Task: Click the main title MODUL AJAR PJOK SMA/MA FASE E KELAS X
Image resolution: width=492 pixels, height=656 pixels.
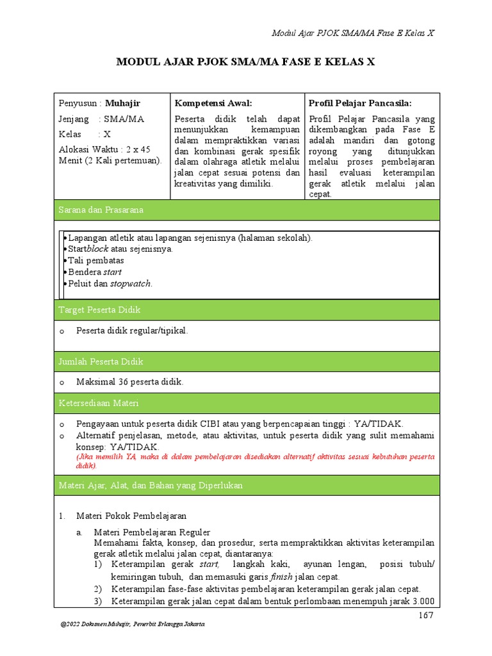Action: click(x=245, y=62)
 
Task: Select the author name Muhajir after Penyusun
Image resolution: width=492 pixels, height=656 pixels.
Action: click(x=122, y=102)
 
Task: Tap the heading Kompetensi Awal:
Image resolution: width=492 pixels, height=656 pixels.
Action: click(x=213, y=102)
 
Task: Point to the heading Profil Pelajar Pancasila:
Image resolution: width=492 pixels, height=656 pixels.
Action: click(x=359, y=102)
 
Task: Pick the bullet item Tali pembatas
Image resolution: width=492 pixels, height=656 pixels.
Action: click(x=96, y=261)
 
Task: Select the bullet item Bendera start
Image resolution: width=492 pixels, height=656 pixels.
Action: click(x=95, y=272)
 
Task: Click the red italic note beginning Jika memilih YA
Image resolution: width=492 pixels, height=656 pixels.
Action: click(x=255, y=461)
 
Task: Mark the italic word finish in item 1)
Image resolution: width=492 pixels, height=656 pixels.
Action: click(x=281, y=577)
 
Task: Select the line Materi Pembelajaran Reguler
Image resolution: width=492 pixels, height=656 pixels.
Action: click(x=152, y=532)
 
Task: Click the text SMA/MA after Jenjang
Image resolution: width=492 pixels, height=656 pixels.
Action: click(x=124, y=119)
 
